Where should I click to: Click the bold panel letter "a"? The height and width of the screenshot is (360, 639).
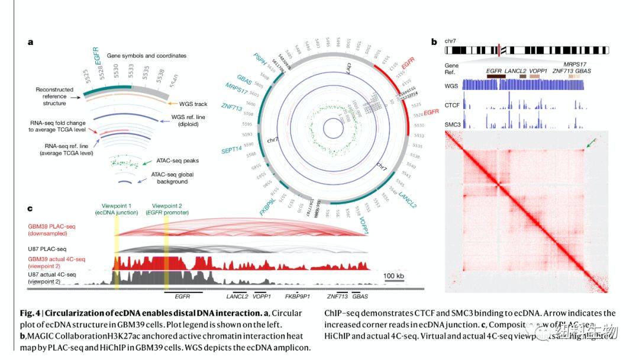coord(30,42)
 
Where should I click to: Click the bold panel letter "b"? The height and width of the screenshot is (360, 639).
coord(434,42)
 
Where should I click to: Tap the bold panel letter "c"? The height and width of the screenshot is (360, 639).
coord(30,208)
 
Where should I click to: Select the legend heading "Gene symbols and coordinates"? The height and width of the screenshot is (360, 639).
coord(147,56)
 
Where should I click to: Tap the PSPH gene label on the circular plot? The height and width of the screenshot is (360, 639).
coord(259,60)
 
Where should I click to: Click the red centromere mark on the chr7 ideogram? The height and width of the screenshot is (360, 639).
coord(500,50)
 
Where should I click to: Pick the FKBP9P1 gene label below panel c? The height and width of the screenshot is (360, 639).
coord(297,295)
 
